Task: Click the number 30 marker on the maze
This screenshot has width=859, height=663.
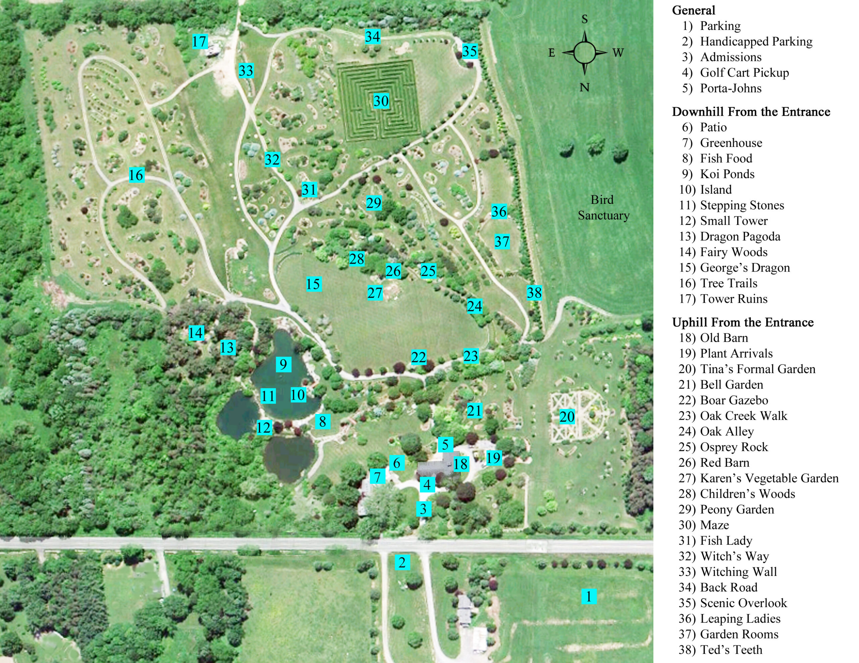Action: click(x=381, y=101)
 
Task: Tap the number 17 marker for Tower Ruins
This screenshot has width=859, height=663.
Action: click(x=199, y=41)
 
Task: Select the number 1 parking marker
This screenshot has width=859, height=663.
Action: click(x=589, y=596)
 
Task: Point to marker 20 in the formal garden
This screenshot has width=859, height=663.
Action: click(x=567, y=417)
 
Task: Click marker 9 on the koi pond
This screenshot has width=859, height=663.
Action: click(x=283, y=364)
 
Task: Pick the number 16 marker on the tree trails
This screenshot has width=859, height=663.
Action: click(x=136, y=175)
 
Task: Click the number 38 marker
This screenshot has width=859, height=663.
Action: click(x=534, y=292)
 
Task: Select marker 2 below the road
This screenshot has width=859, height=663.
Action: click(x=402, y=562)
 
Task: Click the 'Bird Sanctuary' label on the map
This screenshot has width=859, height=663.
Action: click(x=603, y=207)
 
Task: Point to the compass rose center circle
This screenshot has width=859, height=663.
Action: click(x=585, y=53)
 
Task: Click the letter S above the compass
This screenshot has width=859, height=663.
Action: click(x=585, y=19)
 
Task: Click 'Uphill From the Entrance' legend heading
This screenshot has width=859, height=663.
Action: click(x=743, y=322)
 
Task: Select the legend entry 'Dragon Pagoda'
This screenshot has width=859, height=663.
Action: click(x=740, y=237)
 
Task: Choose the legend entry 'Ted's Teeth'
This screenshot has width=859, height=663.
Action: click(x=731, y=650)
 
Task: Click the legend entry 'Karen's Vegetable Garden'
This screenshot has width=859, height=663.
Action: click(x=769, y=478)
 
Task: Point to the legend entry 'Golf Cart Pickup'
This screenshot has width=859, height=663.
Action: click(x=744, y=73)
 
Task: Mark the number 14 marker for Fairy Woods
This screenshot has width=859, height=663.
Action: click(x=196, y=333)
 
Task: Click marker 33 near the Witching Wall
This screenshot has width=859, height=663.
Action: click(x=246, y=71)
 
